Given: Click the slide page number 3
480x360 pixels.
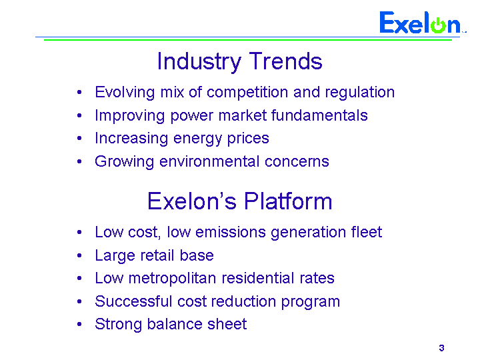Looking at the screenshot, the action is point(441,348).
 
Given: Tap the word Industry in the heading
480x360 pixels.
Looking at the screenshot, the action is point(199,62).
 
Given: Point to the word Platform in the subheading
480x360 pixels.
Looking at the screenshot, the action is point(288,201).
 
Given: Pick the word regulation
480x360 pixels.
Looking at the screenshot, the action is point(360,93).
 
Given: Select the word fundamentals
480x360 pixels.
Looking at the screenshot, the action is point(319,115).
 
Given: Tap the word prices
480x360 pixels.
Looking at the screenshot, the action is point(248,139).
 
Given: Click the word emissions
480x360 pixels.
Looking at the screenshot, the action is point(231,232).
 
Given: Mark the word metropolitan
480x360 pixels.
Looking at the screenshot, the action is point(173,279).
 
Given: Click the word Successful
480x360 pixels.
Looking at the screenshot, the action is point(133,301).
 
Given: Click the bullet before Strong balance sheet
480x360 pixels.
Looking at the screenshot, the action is point(79,324).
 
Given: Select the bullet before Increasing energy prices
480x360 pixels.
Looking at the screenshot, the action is point(79,139).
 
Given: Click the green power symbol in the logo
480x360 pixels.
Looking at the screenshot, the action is point(439,25).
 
